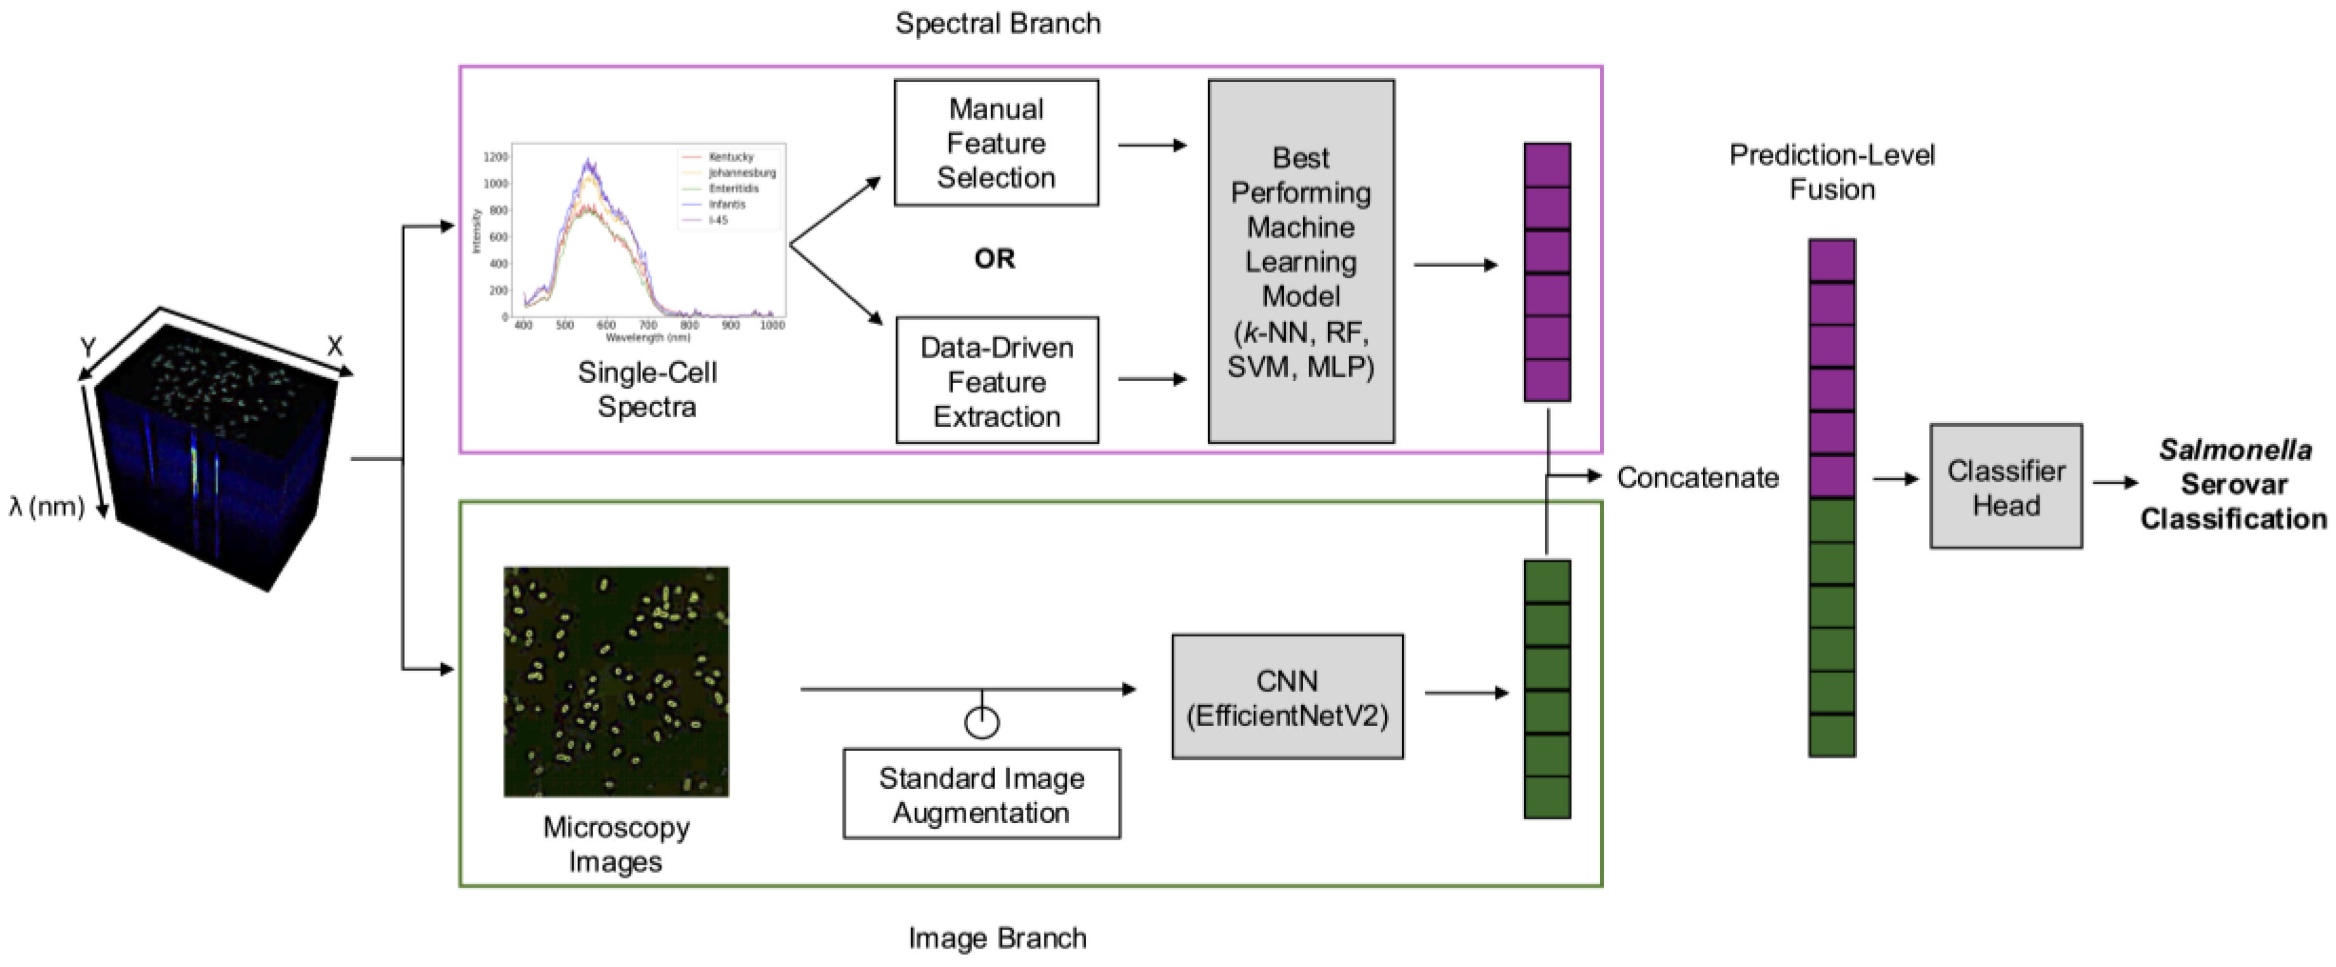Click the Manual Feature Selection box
pos(995,143)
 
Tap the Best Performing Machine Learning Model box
pos(1301,261)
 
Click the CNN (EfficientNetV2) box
pos(1287,697)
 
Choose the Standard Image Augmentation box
pos(981,794)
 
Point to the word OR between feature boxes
pos(994,259)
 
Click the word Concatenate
pos(1698,477)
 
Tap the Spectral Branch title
pos(997,23)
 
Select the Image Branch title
pos(997,938)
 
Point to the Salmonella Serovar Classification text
pos(2233,484)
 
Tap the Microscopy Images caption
pos(616,844)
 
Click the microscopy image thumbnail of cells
pos(616,682)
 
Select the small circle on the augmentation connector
pos(982,722)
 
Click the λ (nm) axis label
pos(47,507)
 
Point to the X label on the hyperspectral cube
pos(334,346)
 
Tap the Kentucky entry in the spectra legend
pos(730,157)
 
